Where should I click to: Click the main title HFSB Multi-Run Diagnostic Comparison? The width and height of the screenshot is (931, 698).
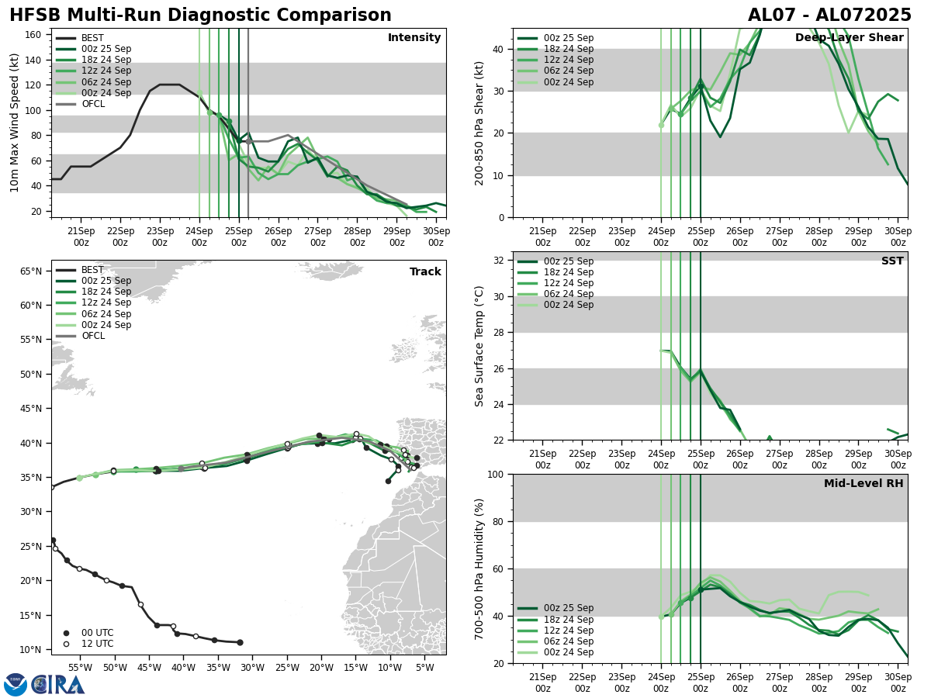click(x=200, y=16)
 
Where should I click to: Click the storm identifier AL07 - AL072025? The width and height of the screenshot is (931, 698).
click(x=829, y=16)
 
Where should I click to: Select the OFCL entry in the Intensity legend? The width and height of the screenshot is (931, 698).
click(x=92, y=104)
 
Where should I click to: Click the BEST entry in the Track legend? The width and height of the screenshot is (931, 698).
click(x=92, y=270)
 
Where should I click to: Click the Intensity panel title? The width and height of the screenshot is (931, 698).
click(x=414, y=38)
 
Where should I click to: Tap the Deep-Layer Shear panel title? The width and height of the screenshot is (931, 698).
click(x=849, y=38)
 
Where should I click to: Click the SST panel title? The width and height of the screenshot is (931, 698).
click(x=892, y=261)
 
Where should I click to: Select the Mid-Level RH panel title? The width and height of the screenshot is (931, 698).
click(x=864, y=484)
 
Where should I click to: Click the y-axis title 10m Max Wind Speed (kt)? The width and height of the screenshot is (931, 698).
click(x=15, y=123)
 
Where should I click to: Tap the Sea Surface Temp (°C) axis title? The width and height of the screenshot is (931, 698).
click(x=479, y=346)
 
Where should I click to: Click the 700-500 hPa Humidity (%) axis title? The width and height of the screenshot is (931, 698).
click(x=479, y=568)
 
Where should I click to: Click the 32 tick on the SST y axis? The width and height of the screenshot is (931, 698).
click(x=500, y=261)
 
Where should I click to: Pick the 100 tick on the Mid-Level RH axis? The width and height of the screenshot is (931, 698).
click(x=497, y=474)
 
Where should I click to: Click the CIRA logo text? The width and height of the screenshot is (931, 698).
click(x=58, y=685)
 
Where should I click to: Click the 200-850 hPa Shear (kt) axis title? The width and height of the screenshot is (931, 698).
click(x=479, y=123)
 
